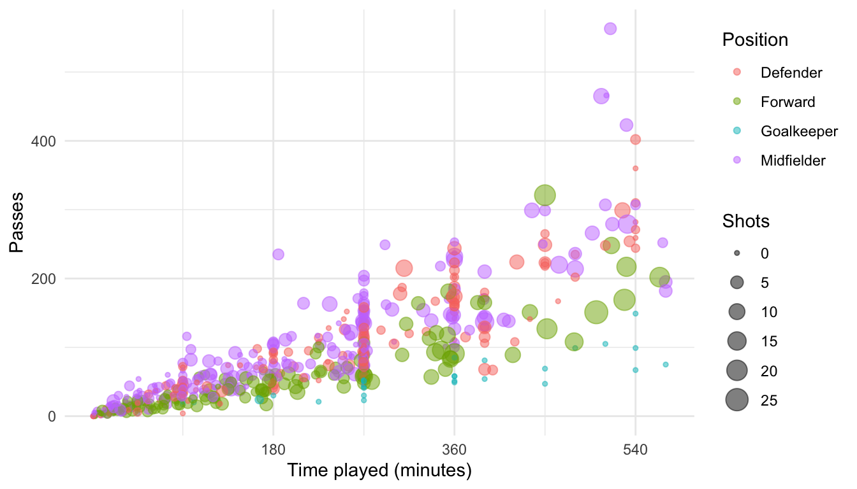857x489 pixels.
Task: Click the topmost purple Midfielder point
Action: tap(610, 28)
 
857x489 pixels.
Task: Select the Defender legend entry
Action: tap(791, 73)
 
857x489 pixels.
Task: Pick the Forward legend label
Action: tap(787, 102)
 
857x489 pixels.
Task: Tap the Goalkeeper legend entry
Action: tap(798, 131)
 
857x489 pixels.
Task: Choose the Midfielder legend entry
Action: tap(793, 160)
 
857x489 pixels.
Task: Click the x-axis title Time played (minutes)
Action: tap(379, 471)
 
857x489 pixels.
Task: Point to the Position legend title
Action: tap(755, 39)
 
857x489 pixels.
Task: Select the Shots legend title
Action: tap(745, 221)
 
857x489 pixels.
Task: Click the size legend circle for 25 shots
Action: tap(736, 400)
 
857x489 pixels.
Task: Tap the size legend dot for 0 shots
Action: tap(736, 253)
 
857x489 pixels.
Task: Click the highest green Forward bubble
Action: tap(545, 195)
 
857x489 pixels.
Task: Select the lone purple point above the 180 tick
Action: tap(278, 254)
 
